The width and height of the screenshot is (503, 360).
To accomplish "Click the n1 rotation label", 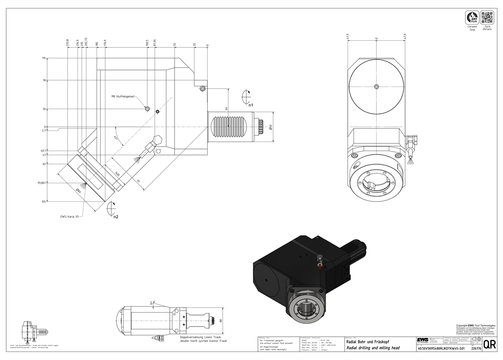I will [x=250, y=105].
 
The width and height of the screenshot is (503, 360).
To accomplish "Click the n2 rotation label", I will [x=115, y=217].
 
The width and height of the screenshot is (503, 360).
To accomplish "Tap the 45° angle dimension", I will [x=116, y=137].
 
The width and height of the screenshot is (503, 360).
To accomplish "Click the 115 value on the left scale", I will [x=44, y=58].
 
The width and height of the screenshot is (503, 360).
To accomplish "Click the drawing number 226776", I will [x=475, y=348].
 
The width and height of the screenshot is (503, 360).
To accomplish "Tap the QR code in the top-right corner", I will [x=487, y=18].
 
